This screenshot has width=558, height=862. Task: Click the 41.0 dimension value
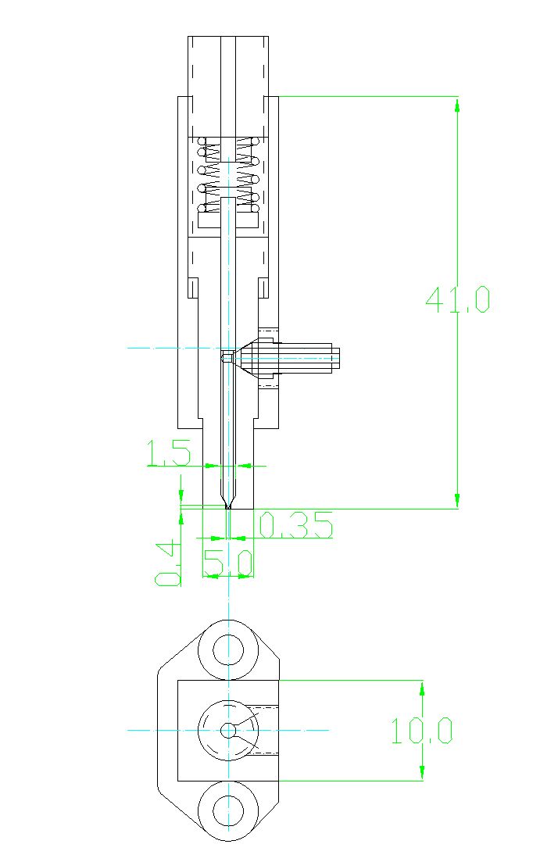tap(457, 299)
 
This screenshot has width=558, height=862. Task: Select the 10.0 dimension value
tap(422, 731)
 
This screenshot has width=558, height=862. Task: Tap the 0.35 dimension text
tap(295, 525)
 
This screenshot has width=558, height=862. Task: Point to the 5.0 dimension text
tap(227, 563)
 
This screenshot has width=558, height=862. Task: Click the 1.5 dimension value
tap(169, 453)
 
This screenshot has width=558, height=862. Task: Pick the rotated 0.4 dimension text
tap(168, 562)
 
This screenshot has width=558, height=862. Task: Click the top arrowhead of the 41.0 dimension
tap(457, 104)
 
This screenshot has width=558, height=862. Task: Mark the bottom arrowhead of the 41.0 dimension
tap(457, 501)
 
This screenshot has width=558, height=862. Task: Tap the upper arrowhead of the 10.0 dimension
tap(422, 688)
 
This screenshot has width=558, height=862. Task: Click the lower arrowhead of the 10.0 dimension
tap(422, 772)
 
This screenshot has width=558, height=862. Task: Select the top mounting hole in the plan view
tap(227, 649)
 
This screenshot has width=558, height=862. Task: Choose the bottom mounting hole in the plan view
tap(227, 811)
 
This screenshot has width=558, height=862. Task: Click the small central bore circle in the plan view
tap(227, 731)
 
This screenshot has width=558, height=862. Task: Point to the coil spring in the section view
tap(228, 175)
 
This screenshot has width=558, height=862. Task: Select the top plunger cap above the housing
tap(228, 86)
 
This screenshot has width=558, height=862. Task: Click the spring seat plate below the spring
tap(228, 220)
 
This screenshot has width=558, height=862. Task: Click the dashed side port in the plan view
tap(260, 731)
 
